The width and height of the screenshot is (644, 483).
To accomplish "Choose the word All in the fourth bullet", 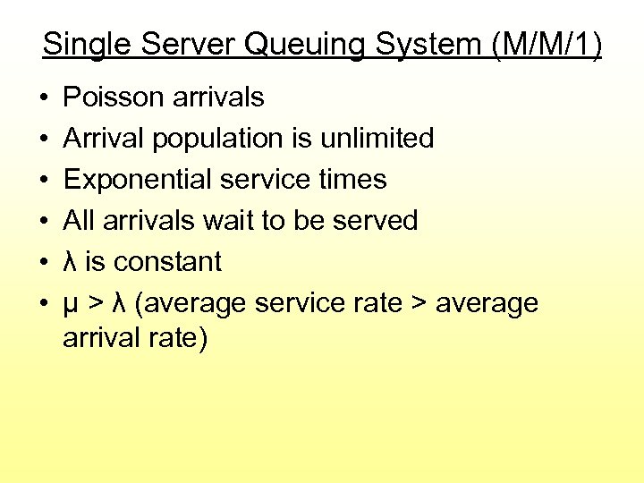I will click(x=78, y=221).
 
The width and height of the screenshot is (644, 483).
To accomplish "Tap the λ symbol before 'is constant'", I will click(x=71, y=262).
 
